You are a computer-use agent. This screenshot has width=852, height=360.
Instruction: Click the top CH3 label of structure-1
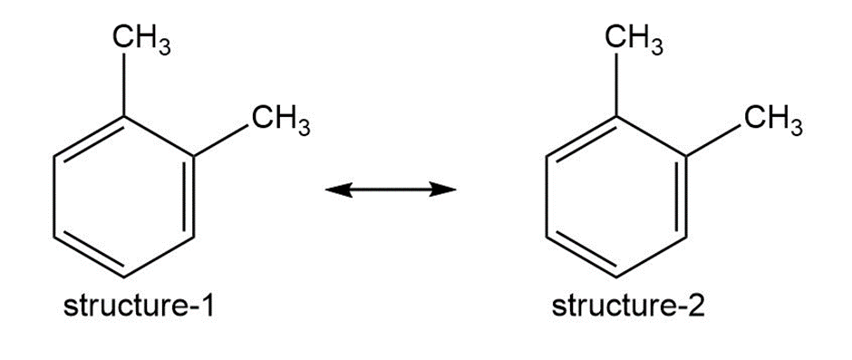point(140,40)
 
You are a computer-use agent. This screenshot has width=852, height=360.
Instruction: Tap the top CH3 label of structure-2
point(634,40)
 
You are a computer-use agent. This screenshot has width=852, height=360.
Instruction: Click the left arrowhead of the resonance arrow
point(338,190)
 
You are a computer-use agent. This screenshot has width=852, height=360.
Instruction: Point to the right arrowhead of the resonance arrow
point(442,190)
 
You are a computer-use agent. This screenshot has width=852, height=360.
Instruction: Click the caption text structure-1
point(139,307)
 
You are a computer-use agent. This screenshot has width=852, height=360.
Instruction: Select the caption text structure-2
point(628,307)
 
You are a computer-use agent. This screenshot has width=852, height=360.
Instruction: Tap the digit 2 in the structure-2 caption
point(696,307)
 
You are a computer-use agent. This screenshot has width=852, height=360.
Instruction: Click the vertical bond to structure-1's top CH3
point(124,84)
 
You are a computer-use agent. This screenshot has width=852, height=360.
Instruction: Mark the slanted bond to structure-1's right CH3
point(222,141)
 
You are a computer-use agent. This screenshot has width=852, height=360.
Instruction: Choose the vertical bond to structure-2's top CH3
point(616,84)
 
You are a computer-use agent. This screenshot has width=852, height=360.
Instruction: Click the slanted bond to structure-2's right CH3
point(714,141)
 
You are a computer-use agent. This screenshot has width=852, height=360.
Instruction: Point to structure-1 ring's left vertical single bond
point(54,197)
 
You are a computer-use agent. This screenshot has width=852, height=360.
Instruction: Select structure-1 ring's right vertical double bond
point(190,197)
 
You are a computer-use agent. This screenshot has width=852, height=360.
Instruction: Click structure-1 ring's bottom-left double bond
point(91,255)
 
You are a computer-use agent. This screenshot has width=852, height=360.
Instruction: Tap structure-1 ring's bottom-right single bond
point(160,258)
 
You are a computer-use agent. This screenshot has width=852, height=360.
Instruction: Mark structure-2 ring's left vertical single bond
point(547,197)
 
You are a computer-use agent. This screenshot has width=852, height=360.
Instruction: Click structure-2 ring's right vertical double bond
point(683,197)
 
